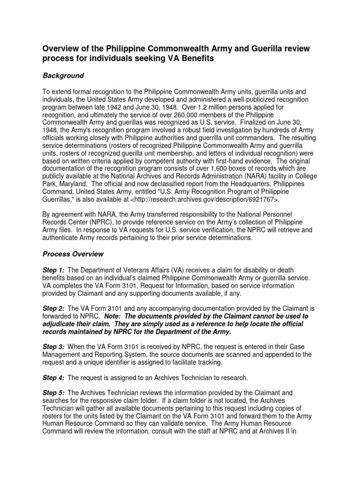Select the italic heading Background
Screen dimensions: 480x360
coord(63,75)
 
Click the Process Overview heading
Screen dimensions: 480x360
coord(73,254)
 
